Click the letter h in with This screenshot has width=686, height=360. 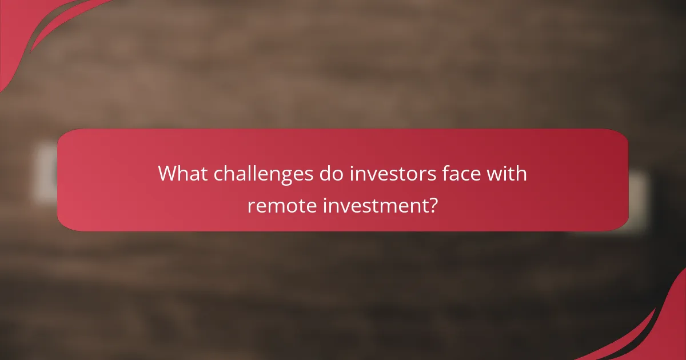(x=521, y=173)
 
